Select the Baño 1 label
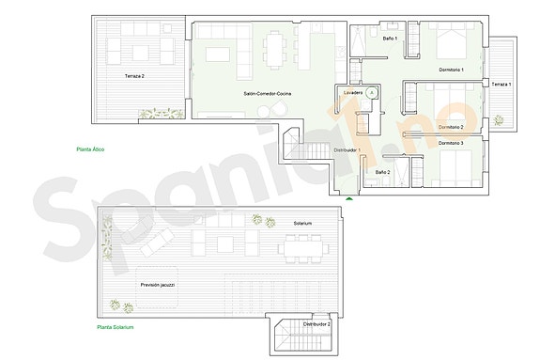[390, 39]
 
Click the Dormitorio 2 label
[451, 126]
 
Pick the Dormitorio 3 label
[451, 143]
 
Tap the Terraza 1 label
[501, 85]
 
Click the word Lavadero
[353, 94]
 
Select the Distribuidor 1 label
[347, 150]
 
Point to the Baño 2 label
[382, 173]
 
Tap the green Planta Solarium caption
[116, 327]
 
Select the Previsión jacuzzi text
[158, 284]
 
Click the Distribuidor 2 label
[316, 324]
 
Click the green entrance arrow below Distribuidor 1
[349, 198]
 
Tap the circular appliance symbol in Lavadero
[372, 93]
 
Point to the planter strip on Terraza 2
[161, 114]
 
